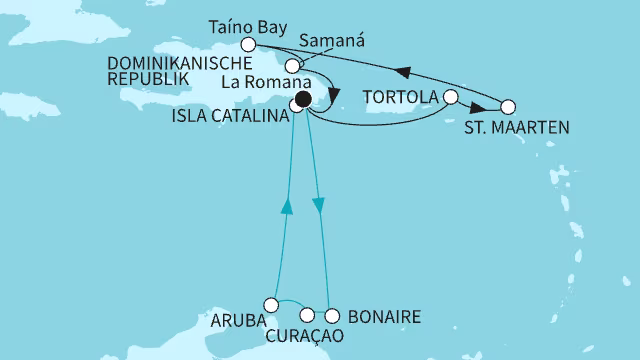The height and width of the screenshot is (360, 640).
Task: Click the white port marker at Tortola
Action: tap(450, 98)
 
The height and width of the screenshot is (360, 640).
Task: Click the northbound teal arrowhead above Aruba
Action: tap(286, 205)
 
